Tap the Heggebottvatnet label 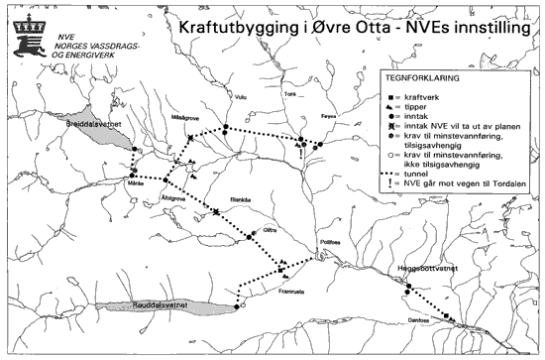[x=425, y=269]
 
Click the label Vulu [x=239, y=96]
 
